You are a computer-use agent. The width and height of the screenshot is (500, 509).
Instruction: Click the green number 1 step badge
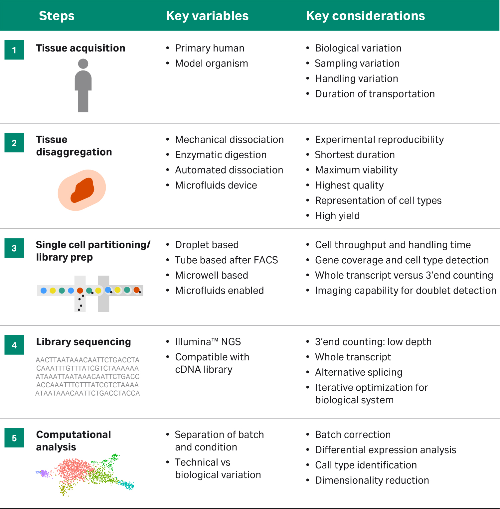pyautogui.click(x=14, y=50)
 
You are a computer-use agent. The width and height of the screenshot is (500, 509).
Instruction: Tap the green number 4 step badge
pyautogui.click(x=14, y=345)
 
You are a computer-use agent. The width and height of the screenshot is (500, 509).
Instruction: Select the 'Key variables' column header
pyautogui.click(x=207, y=16)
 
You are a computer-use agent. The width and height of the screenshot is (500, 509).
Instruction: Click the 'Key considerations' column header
pyautogui.click(x=365, y=16)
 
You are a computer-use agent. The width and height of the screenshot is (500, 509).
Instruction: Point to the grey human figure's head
pyautogui.click(x=83, y=64)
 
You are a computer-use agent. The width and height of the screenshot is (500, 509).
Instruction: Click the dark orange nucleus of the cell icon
pyautogui.click(x=83, y=190)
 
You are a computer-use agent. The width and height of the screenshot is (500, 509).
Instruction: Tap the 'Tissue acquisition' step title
pyautogui.click(x=81, y=48)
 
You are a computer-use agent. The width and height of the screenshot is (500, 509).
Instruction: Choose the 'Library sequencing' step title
pyautogui.click(x=83, y=342)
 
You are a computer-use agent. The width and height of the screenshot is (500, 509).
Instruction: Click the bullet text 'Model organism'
pyautogui.click(x=212, y=64)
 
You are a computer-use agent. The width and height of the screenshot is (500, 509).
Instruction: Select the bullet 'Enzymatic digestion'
pyautogui.click(x=221, y=155)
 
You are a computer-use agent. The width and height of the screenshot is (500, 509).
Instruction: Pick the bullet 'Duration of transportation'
pyautogui.click(x=375, y=94)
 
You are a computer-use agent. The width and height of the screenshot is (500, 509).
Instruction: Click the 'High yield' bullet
pyautogui.click(x=337, y=216)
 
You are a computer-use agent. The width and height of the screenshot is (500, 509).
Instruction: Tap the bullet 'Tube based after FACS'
pyautogui.click(x=227, y=260)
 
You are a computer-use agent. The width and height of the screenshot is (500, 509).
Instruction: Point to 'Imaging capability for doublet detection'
pyautogui.click(x=406, y=291)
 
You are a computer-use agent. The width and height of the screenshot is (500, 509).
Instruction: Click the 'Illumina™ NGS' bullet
pyautogui.click(x=208, y=342)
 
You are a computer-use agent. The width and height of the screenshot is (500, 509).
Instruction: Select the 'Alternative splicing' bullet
pyautogui.click(x=359, y=372)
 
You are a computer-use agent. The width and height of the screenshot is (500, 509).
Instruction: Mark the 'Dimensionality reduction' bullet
pyautogui.click(x=372, y=480)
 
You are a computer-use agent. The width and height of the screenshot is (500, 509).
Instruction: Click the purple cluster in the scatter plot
pyautogui.click(x=43, y=473)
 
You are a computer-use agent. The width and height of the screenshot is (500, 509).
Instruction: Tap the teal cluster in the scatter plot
pyautogui.click(x=126, y=485)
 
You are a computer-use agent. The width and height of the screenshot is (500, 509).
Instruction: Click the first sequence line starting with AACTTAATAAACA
pyautogui.click(x=87, y=360)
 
